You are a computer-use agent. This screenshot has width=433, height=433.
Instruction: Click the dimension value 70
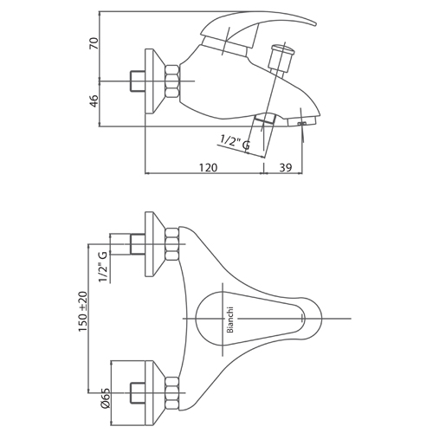[x=94, y=43]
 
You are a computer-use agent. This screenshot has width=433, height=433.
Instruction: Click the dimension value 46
[x=94, y=100]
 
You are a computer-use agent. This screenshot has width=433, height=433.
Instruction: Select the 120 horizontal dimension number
[x=208, y=167]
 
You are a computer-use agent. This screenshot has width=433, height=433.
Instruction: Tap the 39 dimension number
[x=286, y=167]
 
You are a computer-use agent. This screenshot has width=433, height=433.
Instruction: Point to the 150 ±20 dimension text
[x=83, y=312]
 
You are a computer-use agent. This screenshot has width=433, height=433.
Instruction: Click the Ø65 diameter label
[x=106, y=397]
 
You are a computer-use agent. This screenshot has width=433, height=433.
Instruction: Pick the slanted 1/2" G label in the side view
[x=235, y=143]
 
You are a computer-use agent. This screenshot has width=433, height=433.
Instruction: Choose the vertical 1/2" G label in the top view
[x=103, y=267]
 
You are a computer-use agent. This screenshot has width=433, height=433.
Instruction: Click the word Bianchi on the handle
[x=230, y=320]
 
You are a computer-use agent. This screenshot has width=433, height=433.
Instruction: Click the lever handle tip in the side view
[x=314, y=23]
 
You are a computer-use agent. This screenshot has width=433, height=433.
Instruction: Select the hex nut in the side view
[x=172, y=81]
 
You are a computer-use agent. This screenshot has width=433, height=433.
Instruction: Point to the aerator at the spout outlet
[x=302, y=121]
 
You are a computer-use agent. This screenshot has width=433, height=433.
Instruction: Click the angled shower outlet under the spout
[x=265, y=119]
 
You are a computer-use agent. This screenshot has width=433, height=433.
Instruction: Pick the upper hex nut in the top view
[x=172, y=244]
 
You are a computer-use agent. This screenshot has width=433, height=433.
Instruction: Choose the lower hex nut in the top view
[x=172, y=392]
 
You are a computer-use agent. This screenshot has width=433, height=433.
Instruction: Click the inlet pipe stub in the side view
[x=138, y=81]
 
